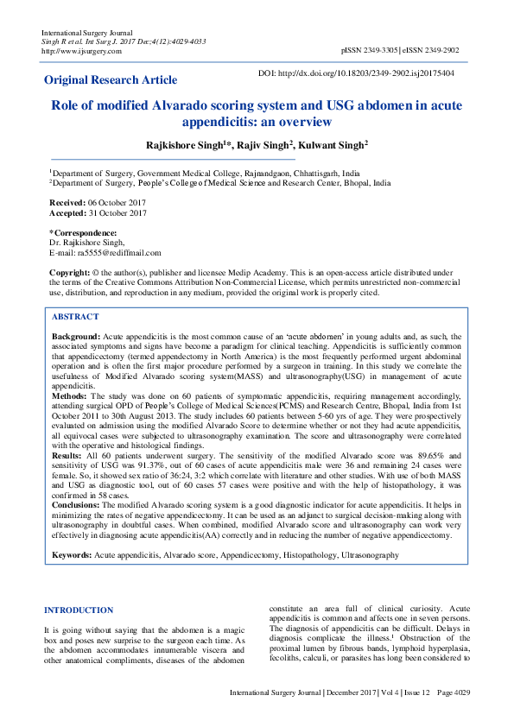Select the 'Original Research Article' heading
coord(111,80)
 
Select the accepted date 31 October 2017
coord(119,212)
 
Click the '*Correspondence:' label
coord(83,233)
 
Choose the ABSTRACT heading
coord(75,317)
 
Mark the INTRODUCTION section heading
coord(79,610)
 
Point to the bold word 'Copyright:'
coord(70,272)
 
